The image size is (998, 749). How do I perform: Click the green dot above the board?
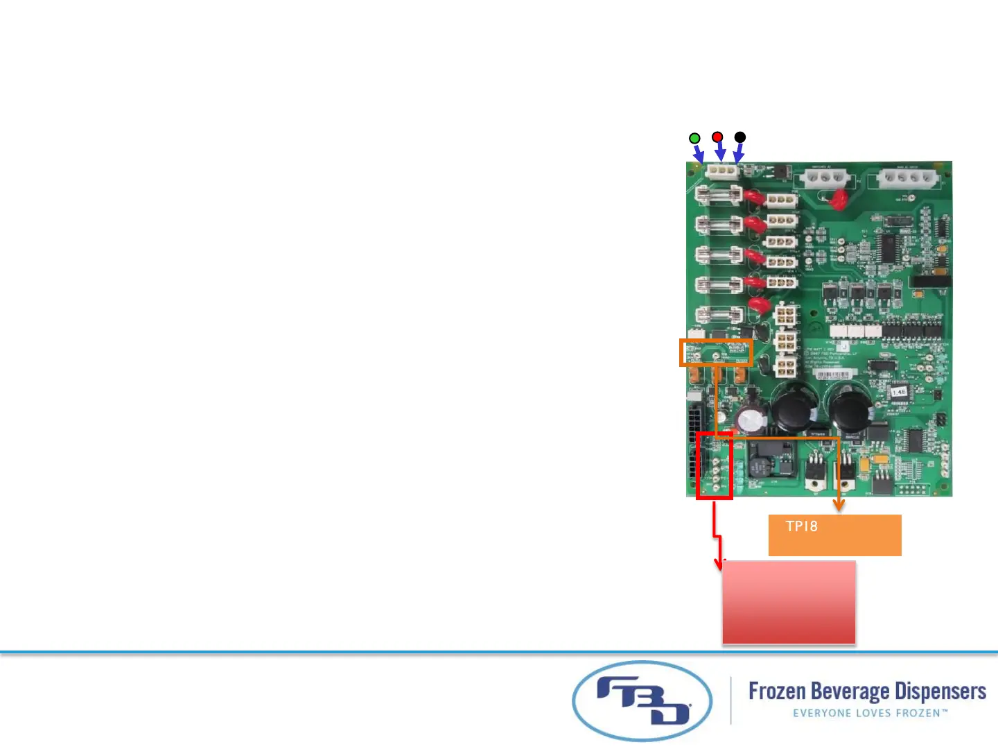694,138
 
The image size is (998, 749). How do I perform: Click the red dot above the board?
717,137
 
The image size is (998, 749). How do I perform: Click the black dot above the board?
740,137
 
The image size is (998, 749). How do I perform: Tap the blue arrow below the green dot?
698,153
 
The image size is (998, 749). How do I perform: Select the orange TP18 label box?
834,535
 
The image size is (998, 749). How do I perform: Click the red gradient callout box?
789,602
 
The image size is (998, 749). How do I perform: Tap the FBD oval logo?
642,701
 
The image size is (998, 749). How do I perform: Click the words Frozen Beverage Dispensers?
867,691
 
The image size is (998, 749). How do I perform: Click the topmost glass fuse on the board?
719,194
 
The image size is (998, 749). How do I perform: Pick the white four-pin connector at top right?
908,178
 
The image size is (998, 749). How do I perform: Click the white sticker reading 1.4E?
899,393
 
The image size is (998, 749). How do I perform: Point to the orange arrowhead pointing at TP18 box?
839,506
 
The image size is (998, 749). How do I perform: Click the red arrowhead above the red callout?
719,564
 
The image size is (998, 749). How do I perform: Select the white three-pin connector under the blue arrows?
721,171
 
